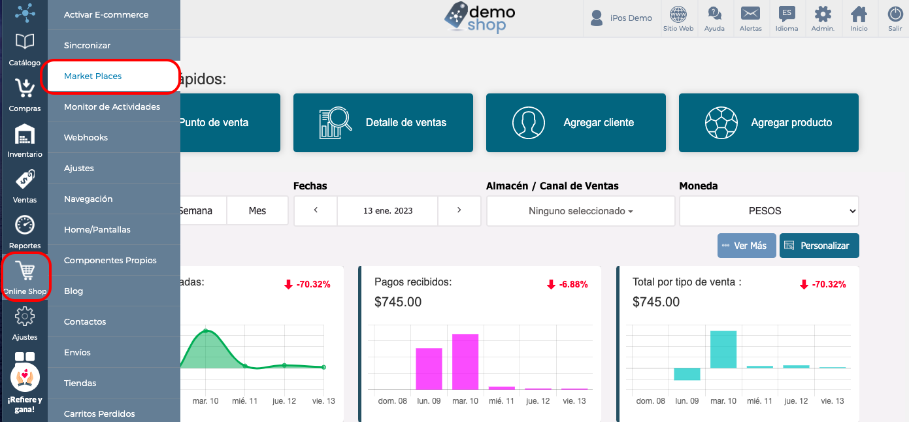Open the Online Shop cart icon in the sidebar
26,271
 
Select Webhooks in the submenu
86,138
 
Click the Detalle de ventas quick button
383,123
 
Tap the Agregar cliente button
576,123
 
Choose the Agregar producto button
769,123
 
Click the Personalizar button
819,246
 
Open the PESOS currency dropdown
769,211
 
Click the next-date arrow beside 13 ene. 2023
459,210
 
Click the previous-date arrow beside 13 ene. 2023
316,210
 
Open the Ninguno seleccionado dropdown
581,211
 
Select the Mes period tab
257,211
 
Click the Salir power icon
895,14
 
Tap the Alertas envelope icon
750,13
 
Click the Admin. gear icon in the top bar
823,14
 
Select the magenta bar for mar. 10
465,361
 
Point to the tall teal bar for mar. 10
723,349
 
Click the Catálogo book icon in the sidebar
25,41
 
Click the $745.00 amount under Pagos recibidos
398,302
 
